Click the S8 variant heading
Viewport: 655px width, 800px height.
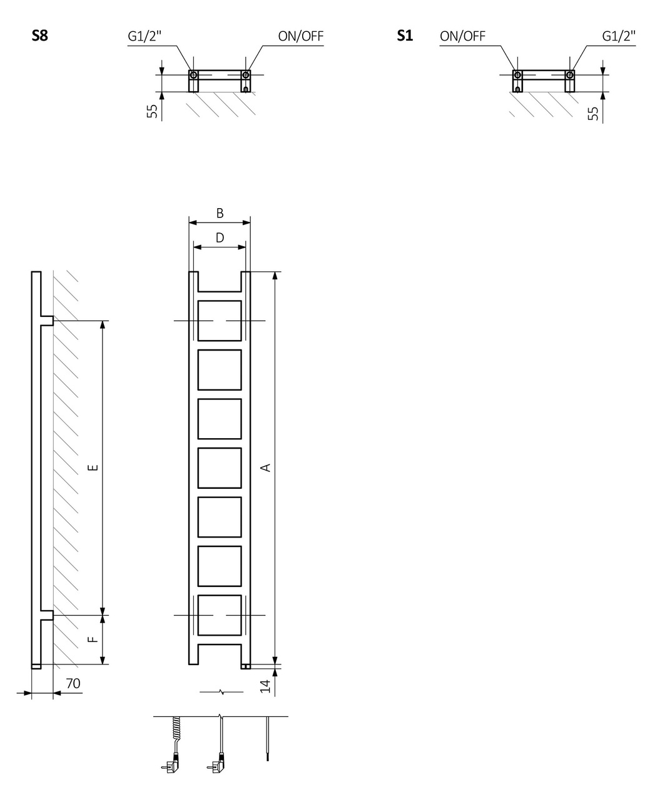[x=39, y=36]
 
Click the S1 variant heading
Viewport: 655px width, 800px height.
[x=405, y=36]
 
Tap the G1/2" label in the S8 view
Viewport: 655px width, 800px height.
[x=145, y=36]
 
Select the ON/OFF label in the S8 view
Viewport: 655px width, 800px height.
[x=301, y=36]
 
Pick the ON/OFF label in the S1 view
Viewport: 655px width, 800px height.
[x=462, y=36]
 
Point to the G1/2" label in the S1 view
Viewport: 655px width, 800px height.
[x=619, y=36]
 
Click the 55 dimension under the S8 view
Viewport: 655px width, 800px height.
[x=152, y=111]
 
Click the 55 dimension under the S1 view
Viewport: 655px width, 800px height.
[x=593, y=112]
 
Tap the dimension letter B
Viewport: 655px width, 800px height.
[x=220, y=213]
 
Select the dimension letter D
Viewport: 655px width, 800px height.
[x=220, y=237]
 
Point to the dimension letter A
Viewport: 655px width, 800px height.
[x=266, y=467]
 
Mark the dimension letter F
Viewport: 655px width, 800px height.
[x=91, y=639]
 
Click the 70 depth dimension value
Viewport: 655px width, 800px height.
[x=73, y=684]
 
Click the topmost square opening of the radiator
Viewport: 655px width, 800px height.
[x=220, y=320]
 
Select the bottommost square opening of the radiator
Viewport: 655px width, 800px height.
[x=220, y=615]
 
